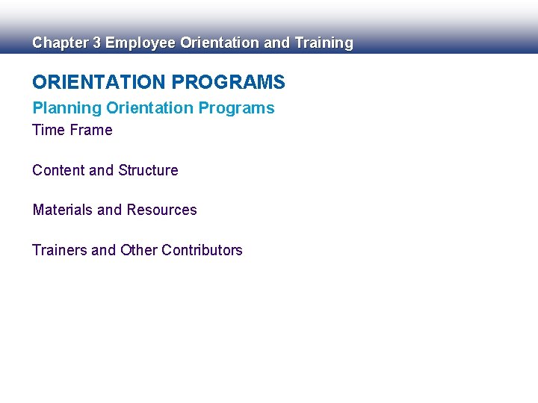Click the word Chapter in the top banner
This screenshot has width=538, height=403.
tap(60, 43)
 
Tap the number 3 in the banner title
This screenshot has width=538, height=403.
tap(96, 43)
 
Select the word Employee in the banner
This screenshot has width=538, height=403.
tap(140, 43)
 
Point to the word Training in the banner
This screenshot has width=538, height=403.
tap(324, 43)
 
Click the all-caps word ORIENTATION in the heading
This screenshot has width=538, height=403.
tap(96, 82)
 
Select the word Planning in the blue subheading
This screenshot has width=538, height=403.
tap(67, 108)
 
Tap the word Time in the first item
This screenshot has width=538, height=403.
tap(49, 131)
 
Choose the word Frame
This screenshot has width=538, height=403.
tap(91, 131)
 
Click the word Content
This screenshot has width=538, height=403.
tap(58, 171)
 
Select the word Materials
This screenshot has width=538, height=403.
tap(63, 210)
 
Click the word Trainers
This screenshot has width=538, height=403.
tap(60, 251)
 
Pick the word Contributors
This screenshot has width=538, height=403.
tap(202, 251)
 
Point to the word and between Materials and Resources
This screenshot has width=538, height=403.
tap(109, 210)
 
